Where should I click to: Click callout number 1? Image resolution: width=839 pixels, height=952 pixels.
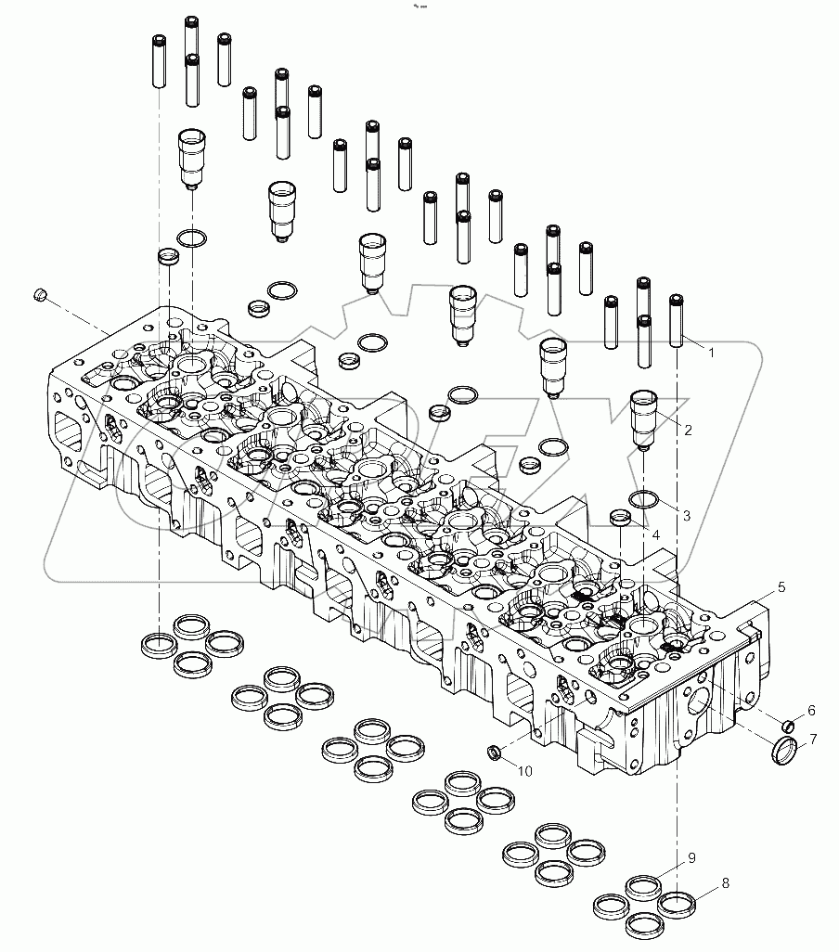[x=711, y=353]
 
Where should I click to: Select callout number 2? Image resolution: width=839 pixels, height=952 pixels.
[x=688, y=431]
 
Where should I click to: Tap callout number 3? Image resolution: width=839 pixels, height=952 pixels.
[x=687, y=515]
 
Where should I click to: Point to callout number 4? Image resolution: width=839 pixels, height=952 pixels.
[x=655, y=535]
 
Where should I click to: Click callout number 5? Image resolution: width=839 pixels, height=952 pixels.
[x=781, y=586]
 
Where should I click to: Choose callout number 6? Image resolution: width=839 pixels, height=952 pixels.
[x=811, y=711]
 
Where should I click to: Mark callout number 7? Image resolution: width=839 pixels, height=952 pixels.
[x=813, y=740]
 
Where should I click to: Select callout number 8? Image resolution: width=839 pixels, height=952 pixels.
[x=726, y=883]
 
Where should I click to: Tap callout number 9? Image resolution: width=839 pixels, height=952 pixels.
[x=691, y=859]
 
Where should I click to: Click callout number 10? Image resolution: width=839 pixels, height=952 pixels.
[x=525, y=770]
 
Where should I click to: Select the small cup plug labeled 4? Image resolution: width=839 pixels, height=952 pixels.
[x=621, y=516]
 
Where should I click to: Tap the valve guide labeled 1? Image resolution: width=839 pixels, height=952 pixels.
[x=677, y=320]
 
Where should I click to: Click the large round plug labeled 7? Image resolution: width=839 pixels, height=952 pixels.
[x=784, y=750]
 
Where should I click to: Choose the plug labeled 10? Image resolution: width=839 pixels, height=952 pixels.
[x=497, y=750]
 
